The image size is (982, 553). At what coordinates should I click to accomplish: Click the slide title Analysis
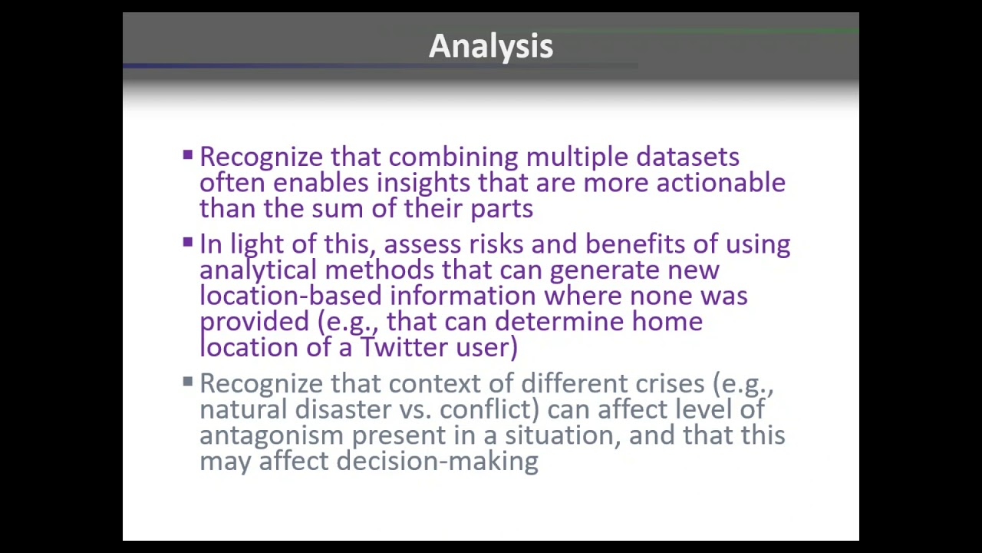click(x=490, y=46)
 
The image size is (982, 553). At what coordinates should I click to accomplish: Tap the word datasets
click(x=687, y=157)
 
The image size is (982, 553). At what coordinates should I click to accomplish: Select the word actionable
click(x=720, y=184)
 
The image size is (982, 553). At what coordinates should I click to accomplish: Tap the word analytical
click(x=258, y=270)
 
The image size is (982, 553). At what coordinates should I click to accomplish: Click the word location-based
click(x=291, y=296)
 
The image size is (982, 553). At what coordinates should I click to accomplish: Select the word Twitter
click(x=404, y=347)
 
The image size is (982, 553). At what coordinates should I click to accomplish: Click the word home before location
click(x=667, y=322)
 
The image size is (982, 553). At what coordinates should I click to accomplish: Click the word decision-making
click(x=437, y=461)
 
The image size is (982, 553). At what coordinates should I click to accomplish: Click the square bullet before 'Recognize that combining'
click(x=188, y=156)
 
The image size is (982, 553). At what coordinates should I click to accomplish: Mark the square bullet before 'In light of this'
click(x=188, y=243)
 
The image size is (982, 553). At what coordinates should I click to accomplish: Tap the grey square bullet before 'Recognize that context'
click(x=188, y=381)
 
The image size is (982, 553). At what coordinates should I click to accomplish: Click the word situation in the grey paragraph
click(x=563, y=435)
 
